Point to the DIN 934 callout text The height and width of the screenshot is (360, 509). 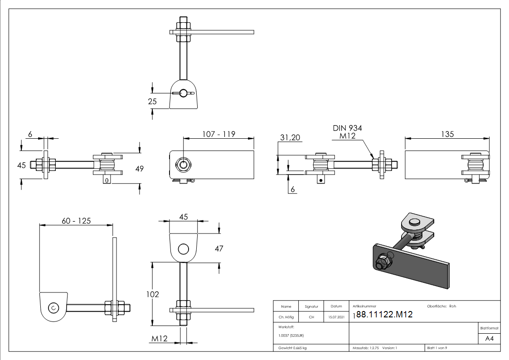point(347,129)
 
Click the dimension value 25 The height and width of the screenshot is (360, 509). point(152,101)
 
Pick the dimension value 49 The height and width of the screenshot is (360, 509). point(139,169)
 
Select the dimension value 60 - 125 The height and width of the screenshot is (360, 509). point(76,221)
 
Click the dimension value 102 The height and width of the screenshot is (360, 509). point(153,294)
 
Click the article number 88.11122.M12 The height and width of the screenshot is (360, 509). point(384,314)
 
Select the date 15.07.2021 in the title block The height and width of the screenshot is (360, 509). point(336,317)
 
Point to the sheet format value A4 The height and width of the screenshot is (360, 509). point(490,338)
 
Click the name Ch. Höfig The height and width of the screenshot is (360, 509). point(286,317)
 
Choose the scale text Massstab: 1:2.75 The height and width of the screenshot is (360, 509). point(366,348)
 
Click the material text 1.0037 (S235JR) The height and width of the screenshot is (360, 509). point(291,335)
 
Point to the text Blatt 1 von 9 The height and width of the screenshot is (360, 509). point(437,348)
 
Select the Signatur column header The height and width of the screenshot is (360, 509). point(311,306)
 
